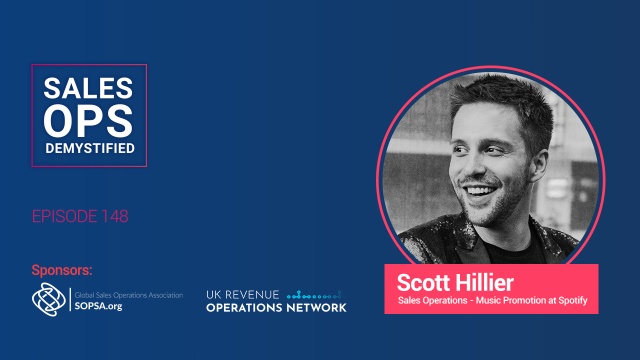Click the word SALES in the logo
(x=89, y=87)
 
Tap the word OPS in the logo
(x=89, y=122)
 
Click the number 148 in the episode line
(x=112, y=216)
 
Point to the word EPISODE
(x=63, y=216)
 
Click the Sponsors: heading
(x=64, y=270)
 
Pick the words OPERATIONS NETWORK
(x=276, y=308)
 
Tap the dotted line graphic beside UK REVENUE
(x=315, y=296)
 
